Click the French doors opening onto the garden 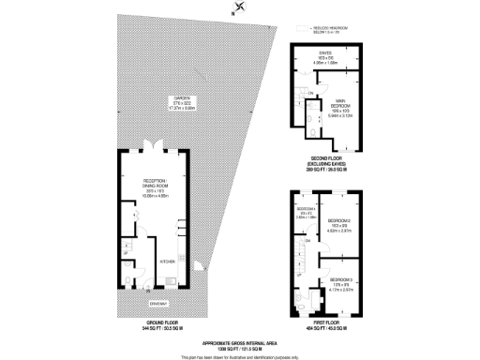[x=152, y=148]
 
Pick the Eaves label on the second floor [x=325, y=54]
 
